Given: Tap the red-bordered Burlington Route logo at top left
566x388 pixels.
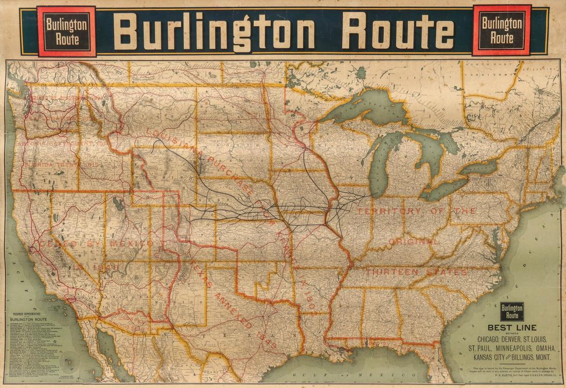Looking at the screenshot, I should point(66,31).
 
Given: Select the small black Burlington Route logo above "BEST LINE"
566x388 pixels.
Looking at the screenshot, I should point(512,311).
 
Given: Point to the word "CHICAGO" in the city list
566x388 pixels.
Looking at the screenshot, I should point(491,339).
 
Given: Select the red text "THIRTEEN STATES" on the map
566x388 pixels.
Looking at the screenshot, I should point(417,272).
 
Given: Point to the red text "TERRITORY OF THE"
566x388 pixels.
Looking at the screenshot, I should point(417,211).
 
